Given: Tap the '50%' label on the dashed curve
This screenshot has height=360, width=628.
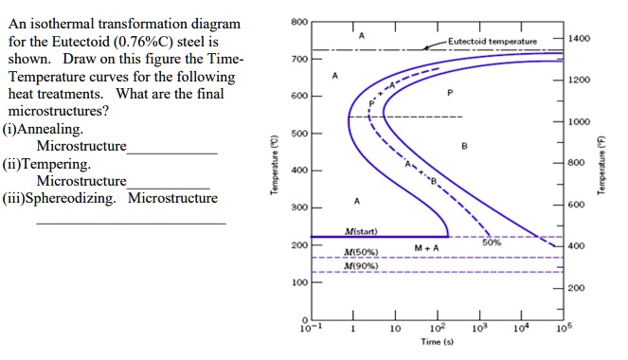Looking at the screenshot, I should [x=491, y=243].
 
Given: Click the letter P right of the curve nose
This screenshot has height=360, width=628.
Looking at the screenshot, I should [x=451, y=93].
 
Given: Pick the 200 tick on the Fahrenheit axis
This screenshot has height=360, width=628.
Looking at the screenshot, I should [x=576, y=288].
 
